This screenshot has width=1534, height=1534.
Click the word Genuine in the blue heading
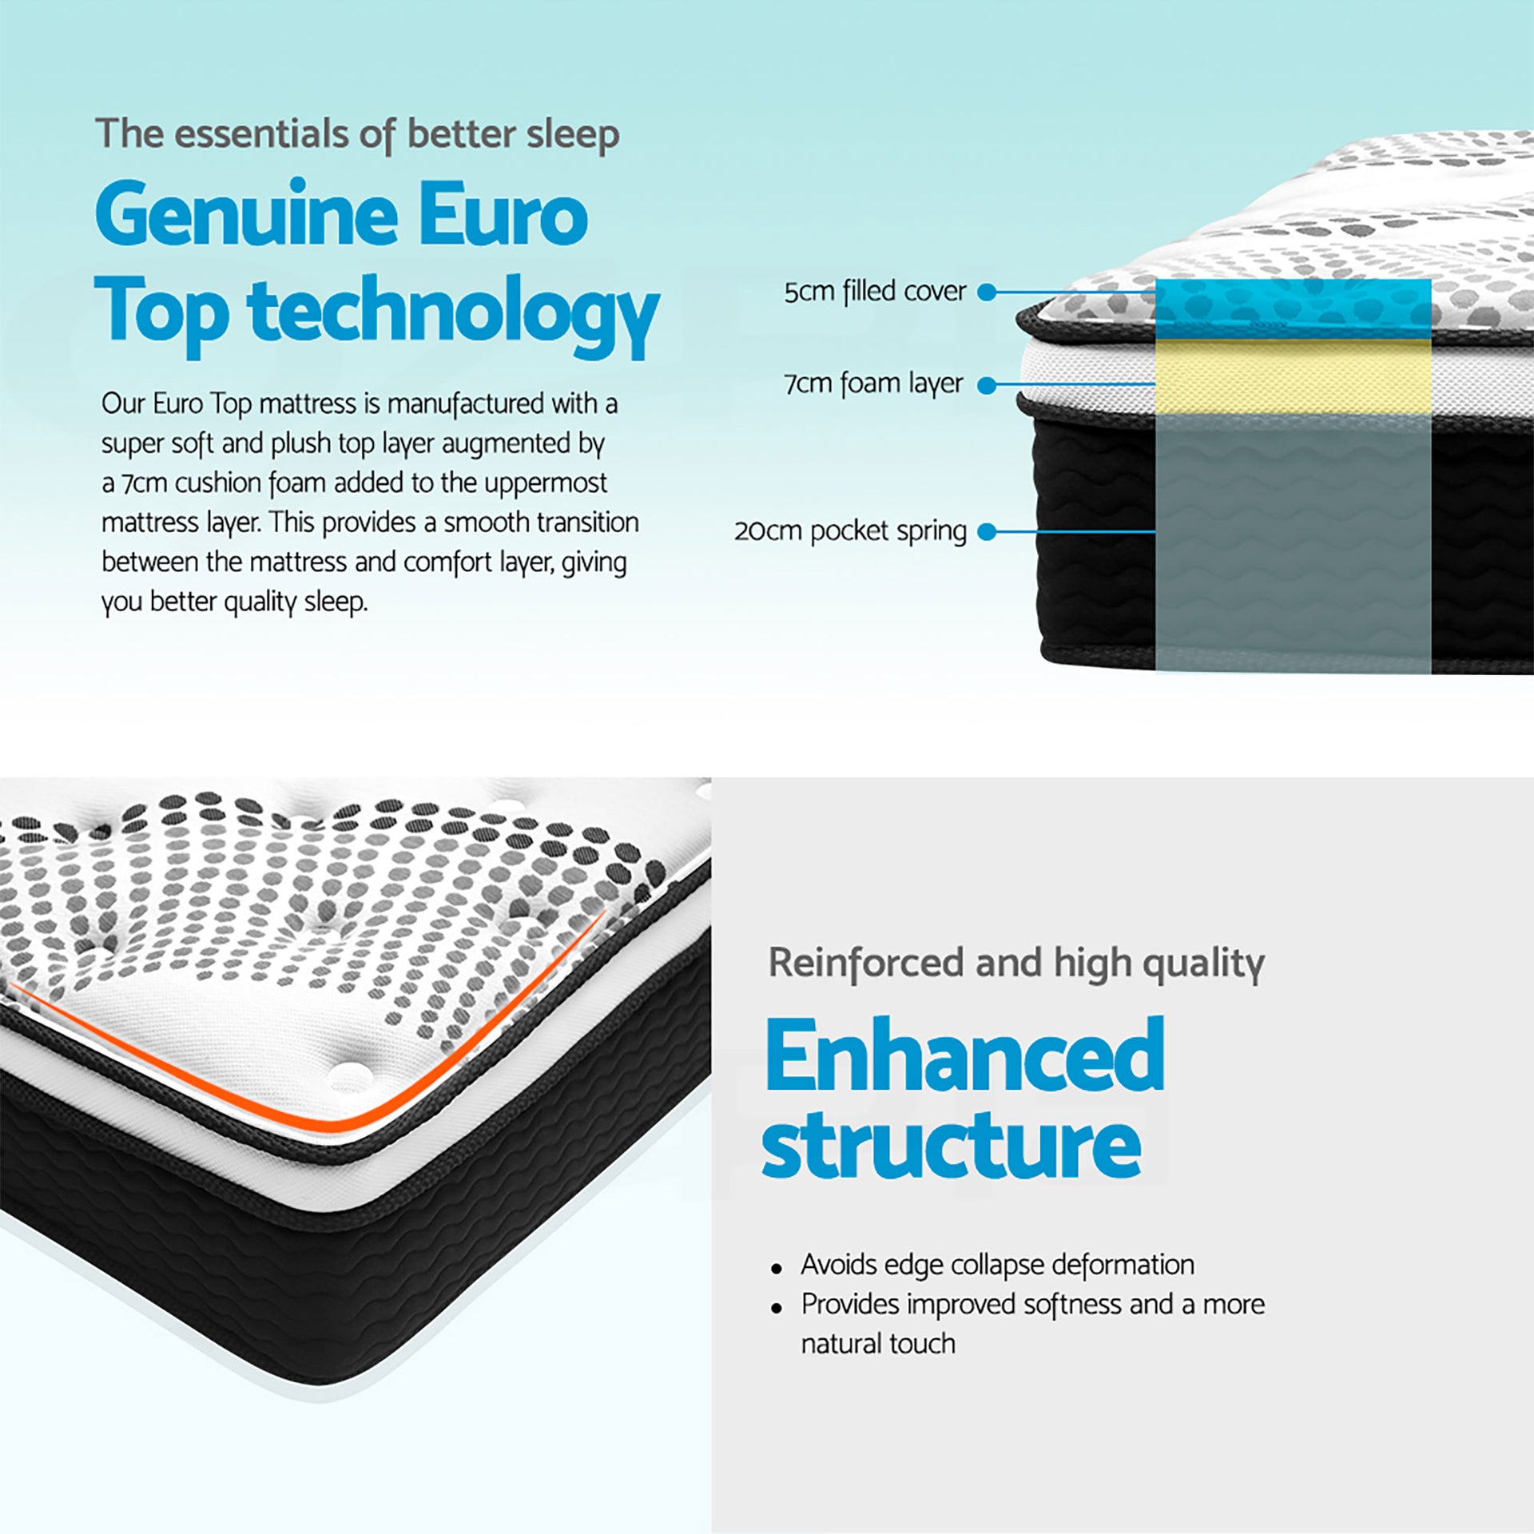pos(246,213)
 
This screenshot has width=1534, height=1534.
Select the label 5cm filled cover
pos(875,292)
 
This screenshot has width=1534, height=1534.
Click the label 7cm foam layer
pos(873,384)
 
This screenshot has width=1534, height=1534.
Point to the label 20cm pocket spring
pos(850,531)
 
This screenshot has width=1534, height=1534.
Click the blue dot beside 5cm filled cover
pos(988,292)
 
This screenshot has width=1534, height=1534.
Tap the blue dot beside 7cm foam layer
pos(988,385)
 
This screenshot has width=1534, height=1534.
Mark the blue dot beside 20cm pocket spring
pos(988,531)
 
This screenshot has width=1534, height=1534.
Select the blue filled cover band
pos(1293,309)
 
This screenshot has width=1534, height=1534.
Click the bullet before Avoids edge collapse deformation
pos(777,1269)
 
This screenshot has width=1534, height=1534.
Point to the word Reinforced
pos(866,963)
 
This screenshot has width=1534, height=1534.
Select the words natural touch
pos(878,1344)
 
